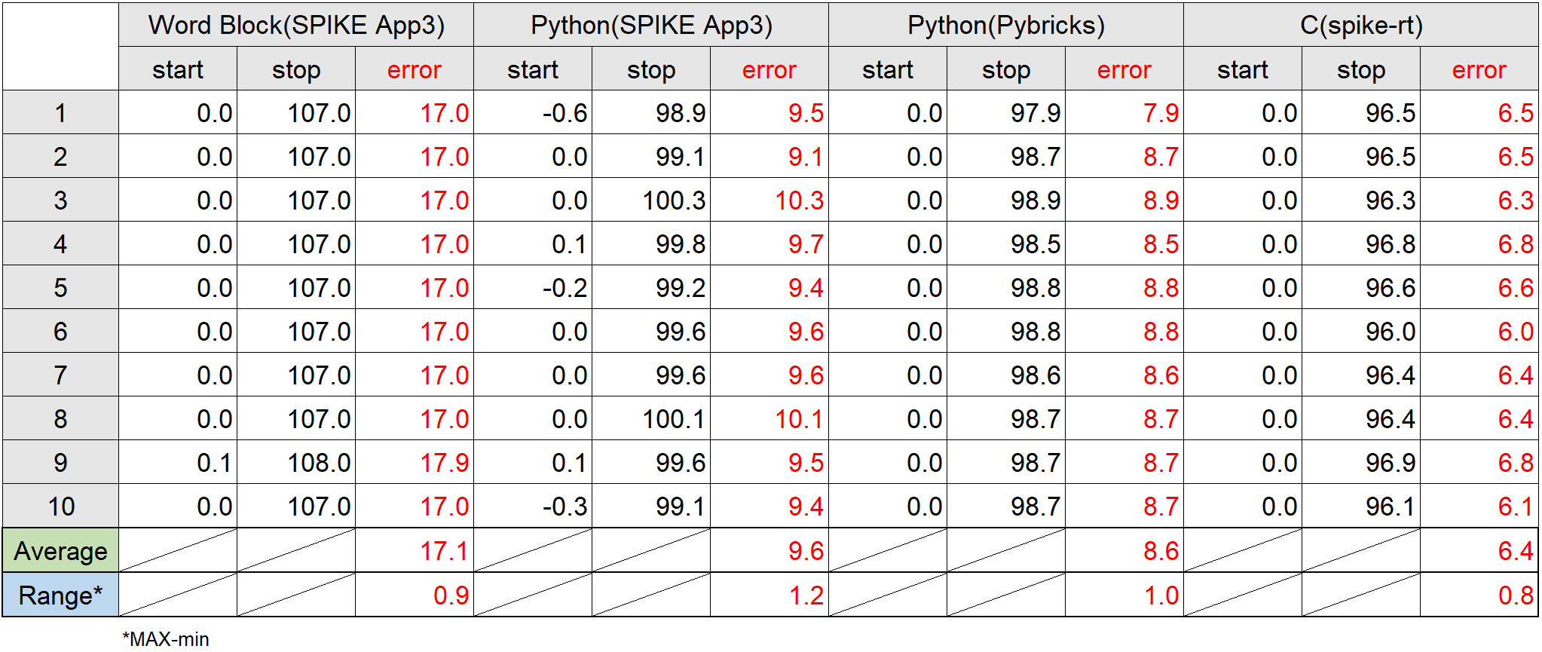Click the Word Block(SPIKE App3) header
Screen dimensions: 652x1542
pos(296,25)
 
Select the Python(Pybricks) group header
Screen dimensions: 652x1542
pos(1005,25)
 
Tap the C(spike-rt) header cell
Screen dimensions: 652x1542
pos(1361,25)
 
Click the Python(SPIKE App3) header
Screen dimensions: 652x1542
pos(651,25)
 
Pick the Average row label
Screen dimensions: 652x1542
pos(60,551)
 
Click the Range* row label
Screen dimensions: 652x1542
pos(60,595)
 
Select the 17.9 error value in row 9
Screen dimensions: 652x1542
pos(444,463)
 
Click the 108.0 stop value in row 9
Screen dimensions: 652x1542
pos(319,463)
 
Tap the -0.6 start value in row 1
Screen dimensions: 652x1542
pos(564,113)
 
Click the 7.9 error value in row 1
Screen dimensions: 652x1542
pos(1161,113)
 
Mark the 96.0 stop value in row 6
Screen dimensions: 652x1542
pos(1391,332)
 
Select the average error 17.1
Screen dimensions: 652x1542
pos(444,551)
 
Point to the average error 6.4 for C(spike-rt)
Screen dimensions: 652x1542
pos(1516,551)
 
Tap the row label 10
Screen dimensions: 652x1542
pos(61,507)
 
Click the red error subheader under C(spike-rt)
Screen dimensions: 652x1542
pos(1479,69)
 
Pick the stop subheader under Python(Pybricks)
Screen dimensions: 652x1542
pos(1005,69)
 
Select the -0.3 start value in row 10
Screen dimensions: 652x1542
pos(564,507)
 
